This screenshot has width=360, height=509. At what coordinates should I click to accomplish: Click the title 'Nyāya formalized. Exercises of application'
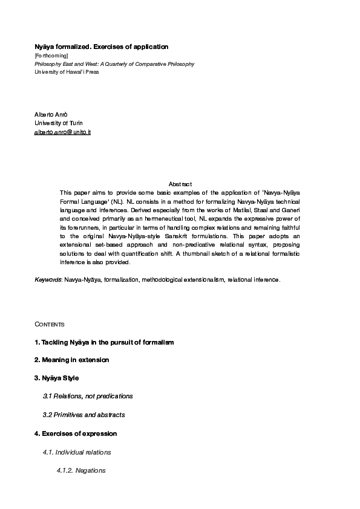(101, 47)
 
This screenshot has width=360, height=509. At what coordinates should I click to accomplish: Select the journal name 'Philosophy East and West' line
(114, 63)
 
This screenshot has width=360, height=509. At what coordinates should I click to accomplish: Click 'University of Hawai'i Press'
(67, 72)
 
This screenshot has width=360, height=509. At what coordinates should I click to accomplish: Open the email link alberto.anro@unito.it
(62, 131)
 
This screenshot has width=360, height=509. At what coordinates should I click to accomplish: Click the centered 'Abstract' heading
(180, 184)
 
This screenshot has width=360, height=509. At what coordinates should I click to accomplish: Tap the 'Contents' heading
(49, 325)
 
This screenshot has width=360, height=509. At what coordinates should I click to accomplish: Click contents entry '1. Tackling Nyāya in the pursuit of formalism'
(104, 342)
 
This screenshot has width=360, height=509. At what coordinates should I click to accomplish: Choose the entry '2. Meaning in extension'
(71, 360)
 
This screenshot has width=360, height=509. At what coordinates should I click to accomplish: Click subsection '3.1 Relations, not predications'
(88, 396)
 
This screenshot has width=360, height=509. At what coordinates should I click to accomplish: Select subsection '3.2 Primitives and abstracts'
(83, 415)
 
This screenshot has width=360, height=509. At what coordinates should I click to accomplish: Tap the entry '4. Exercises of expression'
(76, 433)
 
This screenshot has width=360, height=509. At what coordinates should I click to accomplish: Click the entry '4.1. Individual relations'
(77, 452)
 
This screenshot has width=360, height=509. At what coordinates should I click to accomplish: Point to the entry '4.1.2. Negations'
(81, 470)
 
